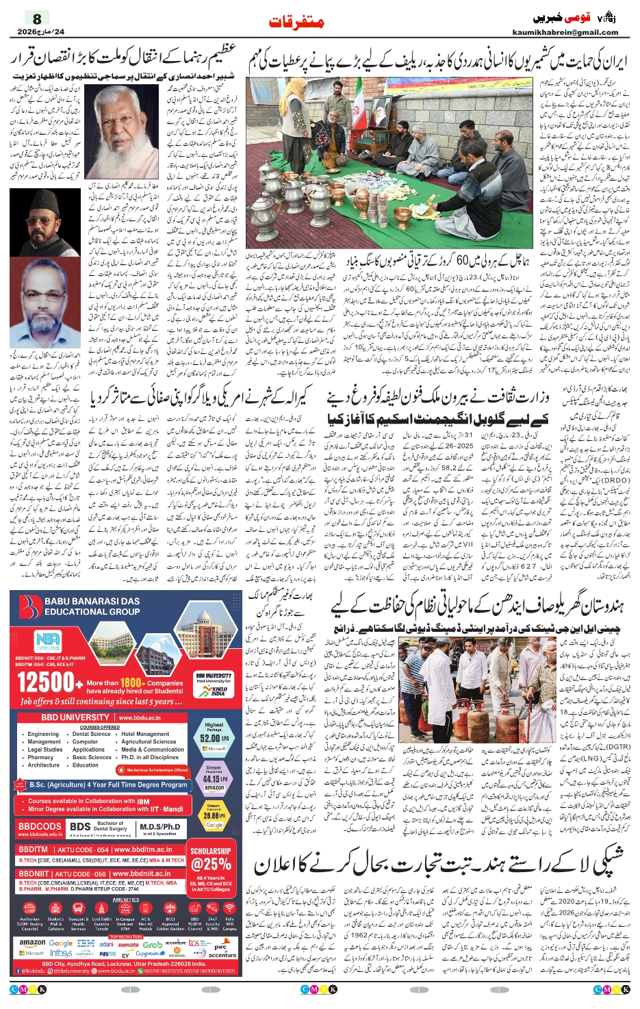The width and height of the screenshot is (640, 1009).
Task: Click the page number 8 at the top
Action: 37,18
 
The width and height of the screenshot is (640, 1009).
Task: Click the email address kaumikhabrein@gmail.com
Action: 565,32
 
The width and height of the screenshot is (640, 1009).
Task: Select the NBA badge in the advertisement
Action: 48,641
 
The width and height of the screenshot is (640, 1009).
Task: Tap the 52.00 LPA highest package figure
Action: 214,738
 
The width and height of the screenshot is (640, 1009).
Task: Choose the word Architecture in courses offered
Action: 44,765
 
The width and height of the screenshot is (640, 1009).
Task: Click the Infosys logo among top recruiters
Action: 61,954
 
